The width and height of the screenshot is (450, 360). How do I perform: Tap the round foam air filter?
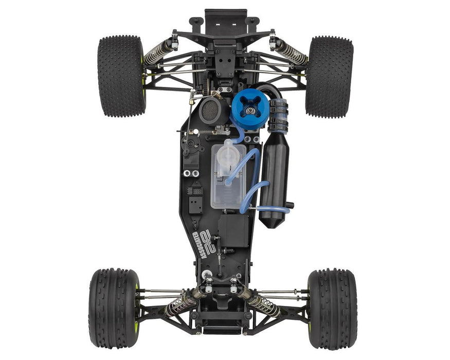(x=211, y=110)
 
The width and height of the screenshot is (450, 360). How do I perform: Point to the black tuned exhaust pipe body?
(x=274, y=180)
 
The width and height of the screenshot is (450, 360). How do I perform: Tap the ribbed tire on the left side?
(x=114, y=308)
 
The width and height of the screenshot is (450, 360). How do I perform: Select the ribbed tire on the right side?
(x=332, y=308)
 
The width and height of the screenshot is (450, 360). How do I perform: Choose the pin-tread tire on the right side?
(x=329, y=76)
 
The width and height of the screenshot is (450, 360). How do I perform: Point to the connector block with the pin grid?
(x=195, y=190)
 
